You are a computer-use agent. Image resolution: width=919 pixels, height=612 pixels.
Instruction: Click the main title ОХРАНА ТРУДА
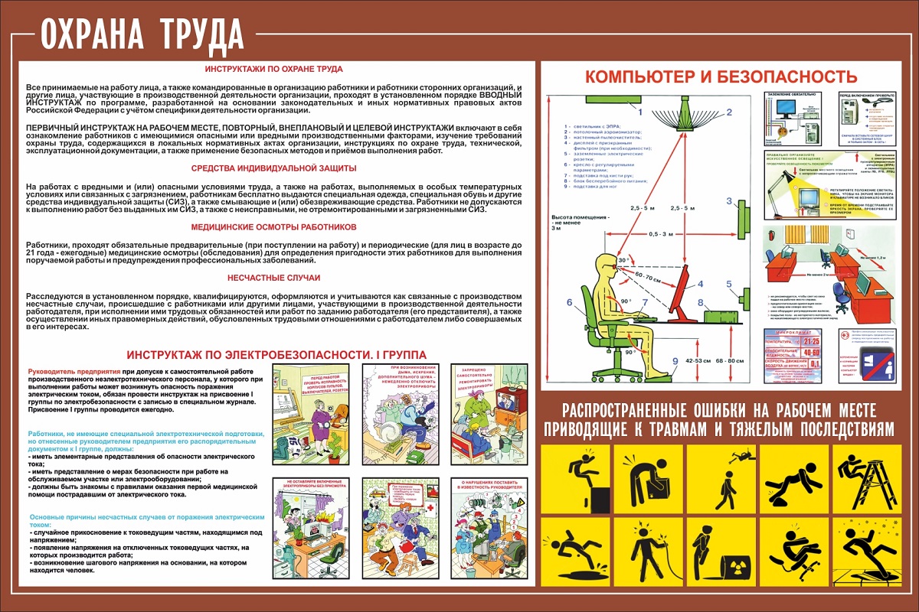pos(141,32)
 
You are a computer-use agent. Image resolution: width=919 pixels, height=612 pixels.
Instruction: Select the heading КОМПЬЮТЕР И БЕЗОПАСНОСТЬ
pos(721,76)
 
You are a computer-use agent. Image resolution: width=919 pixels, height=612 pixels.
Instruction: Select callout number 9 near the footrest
pos(674,362)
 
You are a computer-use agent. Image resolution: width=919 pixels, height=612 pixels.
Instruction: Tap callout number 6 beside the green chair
pos(569,302)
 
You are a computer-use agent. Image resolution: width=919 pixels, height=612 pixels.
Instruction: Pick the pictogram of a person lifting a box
pos(649,477)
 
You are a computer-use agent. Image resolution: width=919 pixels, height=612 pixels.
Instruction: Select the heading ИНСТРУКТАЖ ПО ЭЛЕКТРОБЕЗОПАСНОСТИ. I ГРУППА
pos(276,355)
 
